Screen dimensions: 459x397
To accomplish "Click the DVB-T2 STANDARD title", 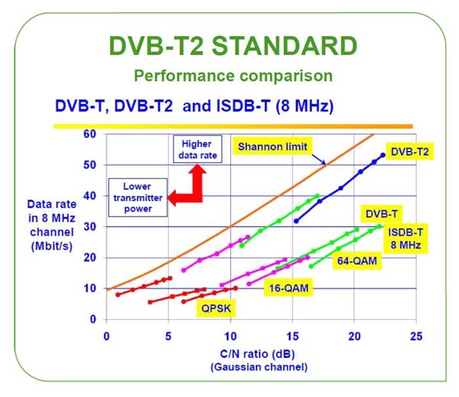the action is tap(233, 46).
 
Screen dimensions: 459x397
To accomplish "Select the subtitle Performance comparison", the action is tap(233, 76).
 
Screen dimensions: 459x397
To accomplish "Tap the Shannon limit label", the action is tap(272, 146).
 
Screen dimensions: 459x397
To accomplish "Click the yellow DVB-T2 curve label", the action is tap(409, 151).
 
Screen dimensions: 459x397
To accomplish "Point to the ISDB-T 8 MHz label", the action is tap(405, 239).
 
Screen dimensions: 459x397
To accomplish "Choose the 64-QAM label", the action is tap(356, 261).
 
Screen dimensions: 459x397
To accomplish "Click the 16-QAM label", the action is tap(288, 288).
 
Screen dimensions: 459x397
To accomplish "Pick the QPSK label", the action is tap(216, 308).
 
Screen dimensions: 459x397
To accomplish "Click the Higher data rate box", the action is tap(197, 149).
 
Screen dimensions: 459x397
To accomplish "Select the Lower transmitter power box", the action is tap(138, 197).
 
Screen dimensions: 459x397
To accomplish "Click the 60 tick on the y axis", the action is tap(90, 134).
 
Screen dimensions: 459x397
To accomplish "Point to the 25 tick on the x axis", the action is tap(416, 337).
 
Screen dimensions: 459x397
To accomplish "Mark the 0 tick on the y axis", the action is tap(93, 319).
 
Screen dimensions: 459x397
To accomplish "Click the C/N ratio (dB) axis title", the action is tap(257, 354).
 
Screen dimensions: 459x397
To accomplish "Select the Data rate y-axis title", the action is tap(52, 225).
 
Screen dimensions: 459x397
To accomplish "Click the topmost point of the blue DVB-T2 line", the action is tap(382, 155).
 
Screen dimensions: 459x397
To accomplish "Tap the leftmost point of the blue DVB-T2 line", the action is tap(296, 221).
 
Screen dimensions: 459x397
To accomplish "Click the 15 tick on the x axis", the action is tap(292, 337).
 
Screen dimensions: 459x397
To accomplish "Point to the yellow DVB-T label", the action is tap(382, 213).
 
